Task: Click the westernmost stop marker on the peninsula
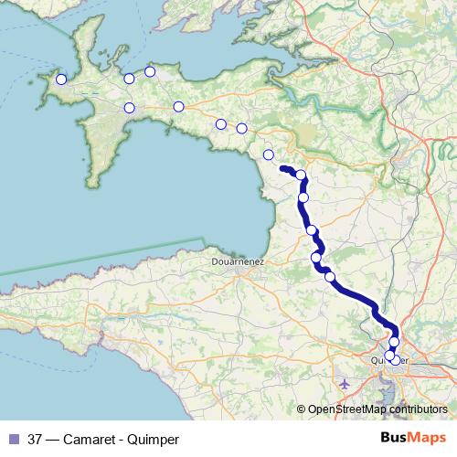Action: [x=61, y=80]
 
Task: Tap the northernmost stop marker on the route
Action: [x=150, y=72]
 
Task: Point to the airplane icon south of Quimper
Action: [x=344, y=384]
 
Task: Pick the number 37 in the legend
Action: [x=35, y=439]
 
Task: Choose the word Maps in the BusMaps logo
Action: [x=421, y=438]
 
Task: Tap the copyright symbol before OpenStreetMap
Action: [x=302, y=410]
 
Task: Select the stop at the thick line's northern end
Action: [x=301, y=175]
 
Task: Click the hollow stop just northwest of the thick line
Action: [x=268, y=154]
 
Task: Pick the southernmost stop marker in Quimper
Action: [x=395, y=359]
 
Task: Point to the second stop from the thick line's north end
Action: [x=303, y=197]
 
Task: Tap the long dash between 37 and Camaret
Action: [x=55, y=439]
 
